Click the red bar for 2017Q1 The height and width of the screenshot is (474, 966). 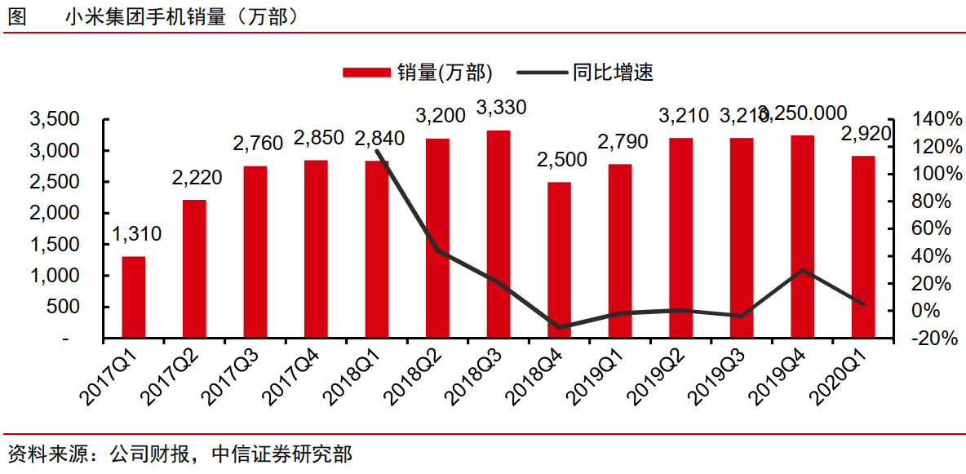[134, 297]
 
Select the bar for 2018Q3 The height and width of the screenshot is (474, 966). [499, 234]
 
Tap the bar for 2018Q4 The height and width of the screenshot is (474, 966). [559, 259]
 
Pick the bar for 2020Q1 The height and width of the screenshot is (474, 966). [863, 246]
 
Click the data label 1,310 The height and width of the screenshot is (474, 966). [136, 235]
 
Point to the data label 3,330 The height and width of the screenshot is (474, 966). [501, 108]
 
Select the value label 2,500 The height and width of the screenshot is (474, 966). [561, 160]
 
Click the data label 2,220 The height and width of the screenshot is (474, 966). [197, 177]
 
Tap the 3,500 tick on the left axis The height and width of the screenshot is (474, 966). [55, 120]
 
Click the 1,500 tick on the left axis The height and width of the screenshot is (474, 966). [55, 245]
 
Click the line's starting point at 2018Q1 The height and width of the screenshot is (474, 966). [377, 151]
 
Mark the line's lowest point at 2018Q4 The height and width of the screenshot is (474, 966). [559, 327]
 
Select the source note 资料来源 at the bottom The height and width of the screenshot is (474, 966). [179, 454]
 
